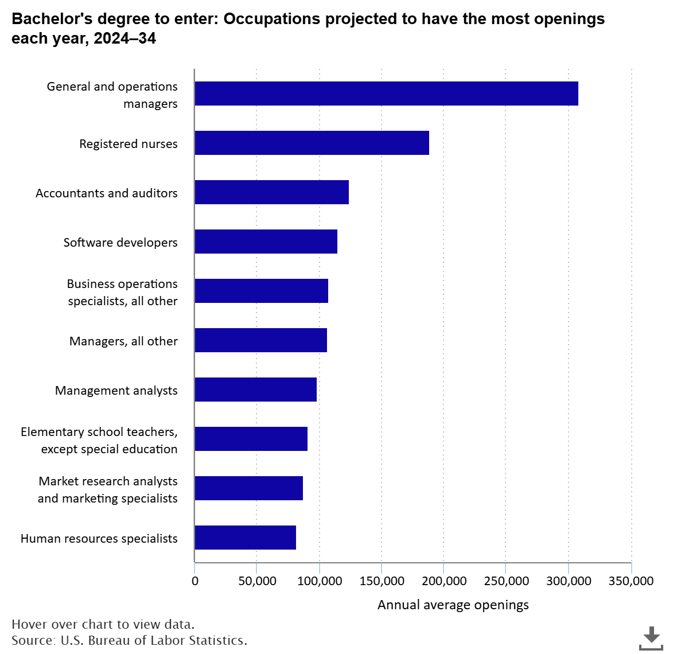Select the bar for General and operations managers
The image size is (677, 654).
[x=386, y=94]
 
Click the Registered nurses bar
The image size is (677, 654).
[x=312, y=143]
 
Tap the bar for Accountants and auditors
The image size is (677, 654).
[x=271, y=192]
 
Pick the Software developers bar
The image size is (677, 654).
[x=266, y=242]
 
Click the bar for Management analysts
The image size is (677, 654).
[x=255, y=390]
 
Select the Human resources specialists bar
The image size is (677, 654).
[x=245, y=538]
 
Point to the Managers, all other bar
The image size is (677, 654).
[x=260, y=340]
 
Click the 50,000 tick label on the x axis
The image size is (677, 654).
[x=256, y=581]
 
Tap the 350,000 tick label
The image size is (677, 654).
[x=631, y=581]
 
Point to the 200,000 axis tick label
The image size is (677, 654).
[x=443, y=581]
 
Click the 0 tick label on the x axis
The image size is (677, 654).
[x=194, y=581]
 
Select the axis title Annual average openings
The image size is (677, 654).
[x=453, y=605]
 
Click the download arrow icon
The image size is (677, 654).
[x=651, y=637]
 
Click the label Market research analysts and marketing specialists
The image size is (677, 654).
[x=107, y=489]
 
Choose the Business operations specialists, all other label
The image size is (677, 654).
[x=122, y=292]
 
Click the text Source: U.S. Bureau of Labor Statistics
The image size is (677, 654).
[x=129, y=640]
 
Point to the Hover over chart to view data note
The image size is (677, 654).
[x=103, y=624]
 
